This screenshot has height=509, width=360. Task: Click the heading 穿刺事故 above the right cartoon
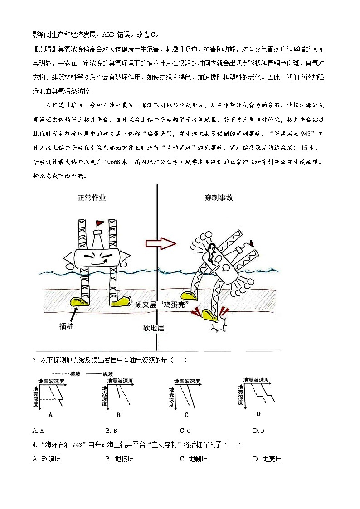tap(219, 198)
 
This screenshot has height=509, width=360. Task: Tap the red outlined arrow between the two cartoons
tap(161, 243)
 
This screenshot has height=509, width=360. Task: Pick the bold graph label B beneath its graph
tap(118, 414)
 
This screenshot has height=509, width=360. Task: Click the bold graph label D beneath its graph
tap(258, 413)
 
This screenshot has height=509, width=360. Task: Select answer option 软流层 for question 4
tap(51, 459)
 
